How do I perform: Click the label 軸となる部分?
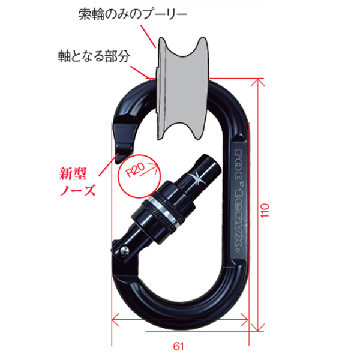coord(97,55)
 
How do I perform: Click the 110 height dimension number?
coord(267,208)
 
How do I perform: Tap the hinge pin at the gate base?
coord(124,246)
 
